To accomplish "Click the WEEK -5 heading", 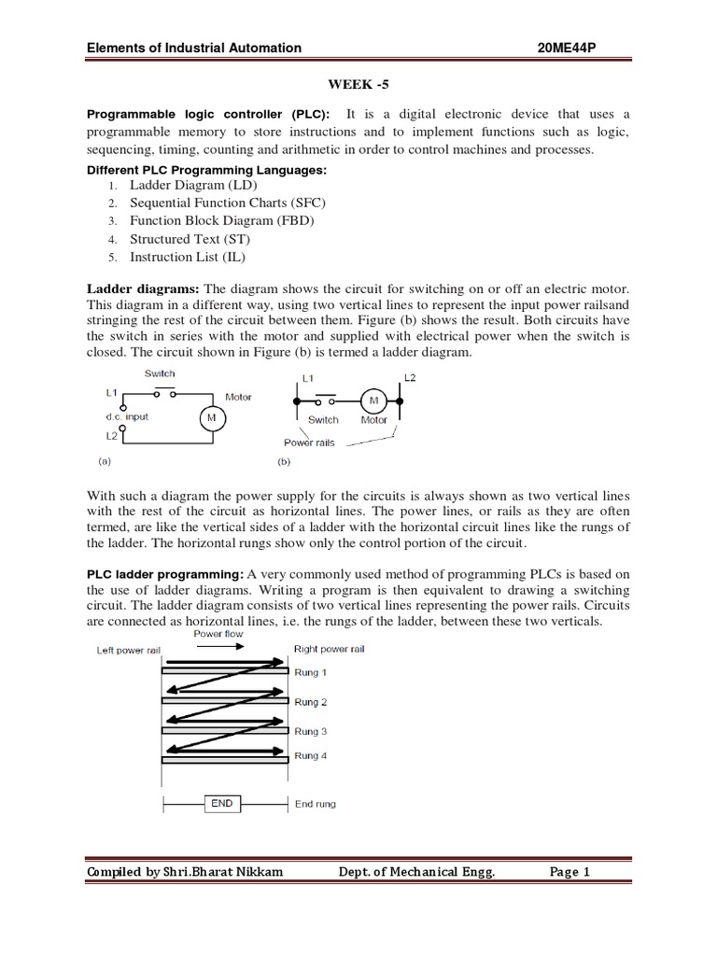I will pos(358,82).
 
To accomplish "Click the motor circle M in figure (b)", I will pos(374,400).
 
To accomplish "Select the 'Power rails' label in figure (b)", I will pos(309,443).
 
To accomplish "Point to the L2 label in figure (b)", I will pos(409,378).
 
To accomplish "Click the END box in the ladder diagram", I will pos(221,803).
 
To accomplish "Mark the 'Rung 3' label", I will pos(311,731).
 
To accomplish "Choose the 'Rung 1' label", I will pos(311,672).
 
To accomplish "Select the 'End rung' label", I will pos(315,804).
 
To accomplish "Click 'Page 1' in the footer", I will pos(569,873).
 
